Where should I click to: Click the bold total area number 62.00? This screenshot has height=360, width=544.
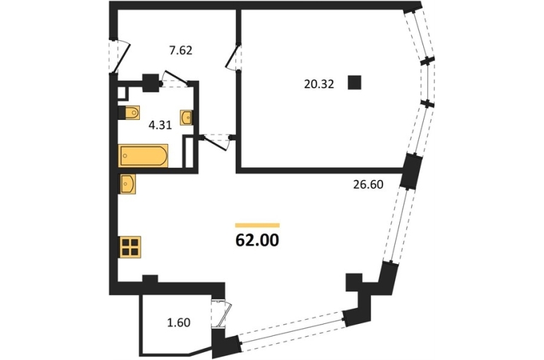click(x=256, y=240)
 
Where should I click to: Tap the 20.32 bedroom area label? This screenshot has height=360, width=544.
click(x=319, y=84)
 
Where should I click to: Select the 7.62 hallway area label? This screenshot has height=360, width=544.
click(x=180, y=51)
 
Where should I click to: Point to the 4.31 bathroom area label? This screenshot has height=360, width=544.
click(x=160, y=125)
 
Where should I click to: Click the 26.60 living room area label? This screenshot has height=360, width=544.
click(x=368, y=185)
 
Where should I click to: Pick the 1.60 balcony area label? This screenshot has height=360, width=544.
click(x=179, y=323)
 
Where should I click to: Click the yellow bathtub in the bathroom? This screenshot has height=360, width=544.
click(x=143, y=155)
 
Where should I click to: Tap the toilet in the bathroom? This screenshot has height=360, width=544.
click(x=129, y=113)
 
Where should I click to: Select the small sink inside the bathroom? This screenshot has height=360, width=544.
click(x=187, y=117)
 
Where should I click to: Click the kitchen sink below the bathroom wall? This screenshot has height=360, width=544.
click(x=128, y=184)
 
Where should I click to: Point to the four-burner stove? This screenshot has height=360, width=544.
click(x=130, y=246)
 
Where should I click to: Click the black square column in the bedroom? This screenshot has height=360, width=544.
click(x=355, y=83)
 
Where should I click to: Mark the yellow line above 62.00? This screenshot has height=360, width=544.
click(x=257, y=225)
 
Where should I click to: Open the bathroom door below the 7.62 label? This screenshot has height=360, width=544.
click(x=176, y=79)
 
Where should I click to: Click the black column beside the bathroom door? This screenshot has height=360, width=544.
click(x=150, y=83)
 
